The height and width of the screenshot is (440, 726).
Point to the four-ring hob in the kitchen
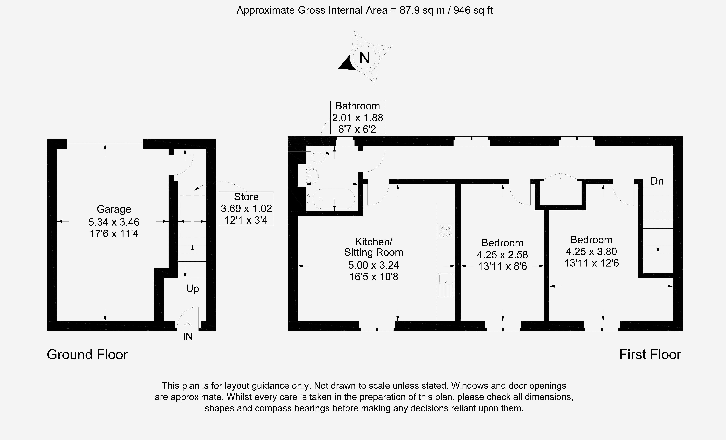(x=445, y=231)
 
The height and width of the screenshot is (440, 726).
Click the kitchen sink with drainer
(x=446, y=285)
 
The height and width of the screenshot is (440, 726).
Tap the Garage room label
(x=114, y=209)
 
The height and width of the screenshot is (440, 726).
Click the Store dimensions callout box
(x=246, y=208)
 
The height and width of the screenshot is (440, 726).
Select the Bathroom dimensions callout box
(x=357, y=117)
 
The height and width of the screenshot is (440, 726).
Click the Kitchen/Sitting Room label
(x=374, y=247)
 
